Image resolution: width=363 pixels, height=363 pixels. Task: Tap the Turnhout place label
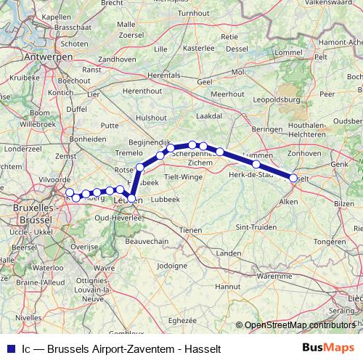click(193, 13)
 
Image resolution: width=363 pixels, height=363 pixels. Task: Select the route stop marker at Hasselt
click(293, 178)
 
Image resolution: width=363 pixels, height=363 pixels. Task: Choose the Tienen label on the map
click(191, 229)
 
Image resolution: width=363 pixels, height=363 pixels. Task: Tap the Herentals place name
click(163, 74)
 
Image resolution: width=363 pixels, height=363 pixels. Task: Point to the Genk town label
click(338, 165)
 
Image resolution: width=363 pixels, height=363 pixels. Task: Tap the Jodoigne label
click(172, 266)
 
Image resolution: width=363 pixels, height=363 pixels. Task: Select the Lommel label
click(288, 53)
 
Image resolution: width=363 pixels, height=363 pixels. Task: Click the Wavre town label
click(105, 268)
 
